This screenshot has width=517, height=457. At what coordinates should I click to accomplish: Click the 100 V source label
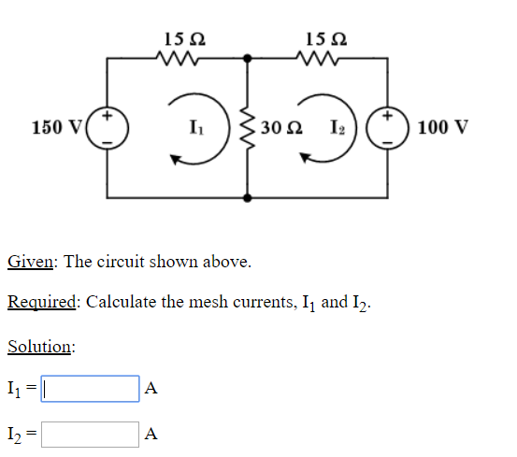click(444, 127)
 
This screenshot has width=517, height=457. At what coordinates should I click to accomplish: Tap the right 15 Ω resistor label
click(324, 39)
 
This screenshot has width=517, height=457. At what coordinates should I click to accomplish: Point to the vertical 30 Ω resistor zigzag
click(248, 128)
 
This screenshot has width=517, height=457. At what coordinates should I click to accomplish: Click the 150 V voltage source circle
click(108, 128)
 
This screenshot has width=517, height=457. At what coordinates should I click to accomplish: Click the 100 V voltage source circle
click(387, 128)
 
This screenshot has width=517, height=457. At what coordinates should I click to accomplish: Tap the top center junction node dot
click(248, 58)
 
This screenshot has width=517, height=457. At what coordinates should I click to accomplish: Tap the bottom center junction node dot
click(248, 197)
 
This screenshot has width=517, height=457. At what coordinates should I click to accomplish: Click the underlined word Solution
click(39, 347)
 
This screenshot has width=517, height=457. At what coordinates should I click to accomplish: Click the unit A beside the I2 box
click(153, 435)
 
